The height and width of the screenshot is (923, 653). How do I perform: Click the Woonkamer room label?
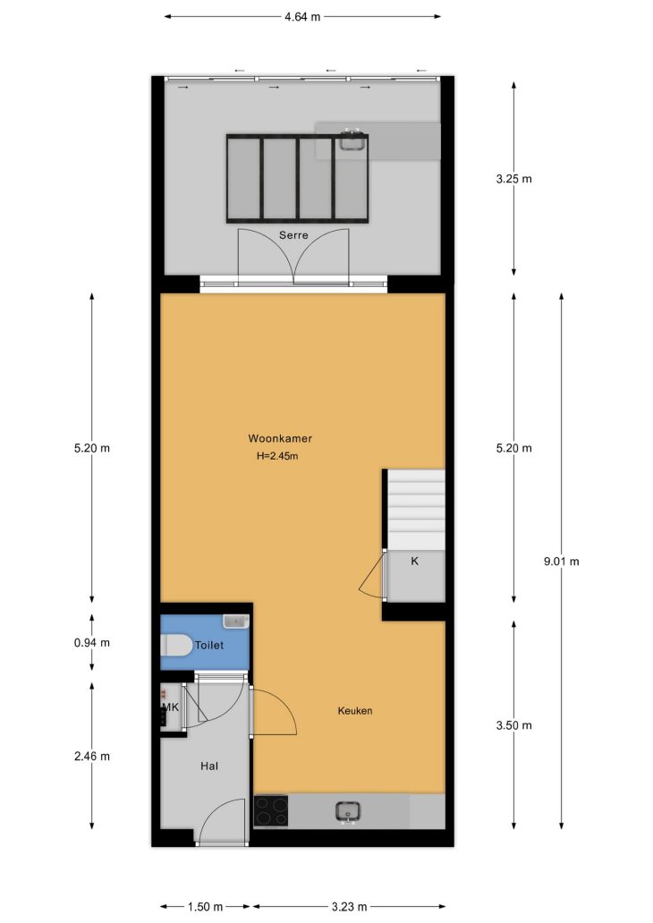[280, 438]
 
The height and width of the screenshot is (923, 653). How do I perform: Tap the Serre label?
[293, 235]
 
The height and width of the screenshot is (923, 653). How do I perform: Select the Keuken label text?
[354, 711]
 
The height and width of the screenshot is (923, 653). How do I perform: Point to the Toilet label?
[209, 645]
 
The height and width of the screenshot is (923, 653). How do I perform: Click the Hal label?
[209, 766]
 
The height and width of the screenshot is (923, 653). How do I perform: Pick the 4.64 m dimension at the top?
[302, 17]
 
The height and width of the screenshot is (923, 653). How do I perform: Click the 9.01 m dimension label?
[561, 562]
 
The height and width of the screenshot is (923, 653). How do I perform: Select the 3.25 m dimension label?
[513, 179]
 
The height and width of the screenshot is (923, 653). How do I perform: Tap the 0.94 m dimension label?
[92, 643]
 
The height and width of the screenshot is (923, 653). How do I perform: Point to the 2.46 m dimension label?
[92, 757]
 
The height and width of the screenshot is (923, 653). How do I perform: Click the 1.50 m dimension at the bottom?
[205, 907]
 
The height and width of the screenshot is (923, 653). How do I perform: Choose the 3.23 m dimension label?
[349, 907]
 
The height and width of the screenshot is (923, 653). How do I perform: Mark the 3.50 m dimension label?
[513, 725]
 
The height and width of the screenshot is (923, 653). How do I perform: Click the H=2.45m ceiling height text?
[277, 455]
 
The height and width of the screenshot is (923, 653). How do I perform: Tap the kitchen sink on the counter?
[348, 812]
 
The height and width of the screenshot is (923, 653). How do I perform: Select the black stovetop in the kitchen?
[271, 811]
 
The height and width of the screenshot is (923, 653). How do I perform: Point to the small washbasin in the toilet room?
[235, 622]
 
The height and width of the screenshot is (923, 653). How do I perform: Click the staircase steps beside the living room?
[416, 509]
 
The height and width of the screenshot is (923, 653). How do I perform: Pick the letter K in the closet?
[414, 561]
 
